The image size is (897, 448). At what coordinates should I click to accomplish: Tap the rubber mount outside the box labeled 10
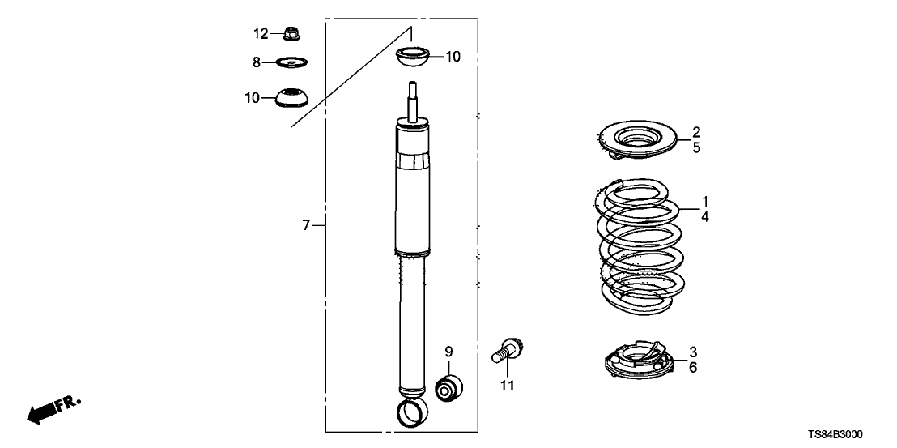[x=291, y=97]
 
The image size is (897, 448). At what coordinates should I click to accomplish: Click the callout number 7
[x=307, y=226]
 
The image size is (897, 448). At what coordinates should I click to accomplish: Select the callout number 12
[x=260, y=34]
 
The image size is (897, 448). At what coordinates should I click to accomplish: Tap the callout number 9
[x=448, y=352]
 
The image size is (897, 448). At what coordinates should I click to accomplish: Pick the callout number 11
[x=507, y=386]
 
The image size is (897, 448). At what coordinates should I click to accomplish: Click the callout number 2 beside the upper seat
[x=695, y=132]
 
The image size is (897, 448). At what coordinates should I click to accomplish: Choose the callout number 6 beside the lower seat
[x=693, y=367]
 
